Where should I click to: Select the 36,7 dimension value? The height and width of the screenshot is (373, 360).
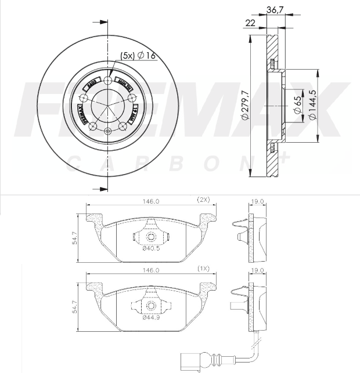pyautogui.click(x=275, y=9)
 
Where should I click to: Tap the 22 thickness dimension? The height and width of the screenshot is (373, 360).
pyautogui.click(x=251, y=23)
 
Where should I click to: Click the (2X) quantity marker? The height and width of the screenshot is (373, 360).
pyautogui.click(x=203, y=200)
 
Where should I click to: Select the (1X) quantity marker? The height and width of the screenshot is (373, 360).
pyautogui.click(x=203, y=270)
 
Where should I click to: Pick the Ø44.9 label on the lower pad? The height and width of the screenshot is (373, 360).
pyautogui.click(x=151, y=317)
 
